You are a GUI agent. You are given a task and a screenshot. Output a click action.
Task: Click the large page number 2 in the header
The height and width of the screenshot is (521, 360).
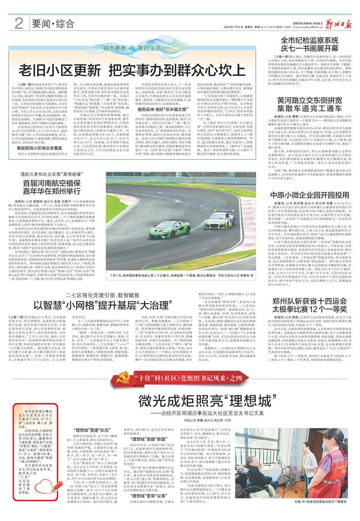pyautogui.click(x=19, y=22)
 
